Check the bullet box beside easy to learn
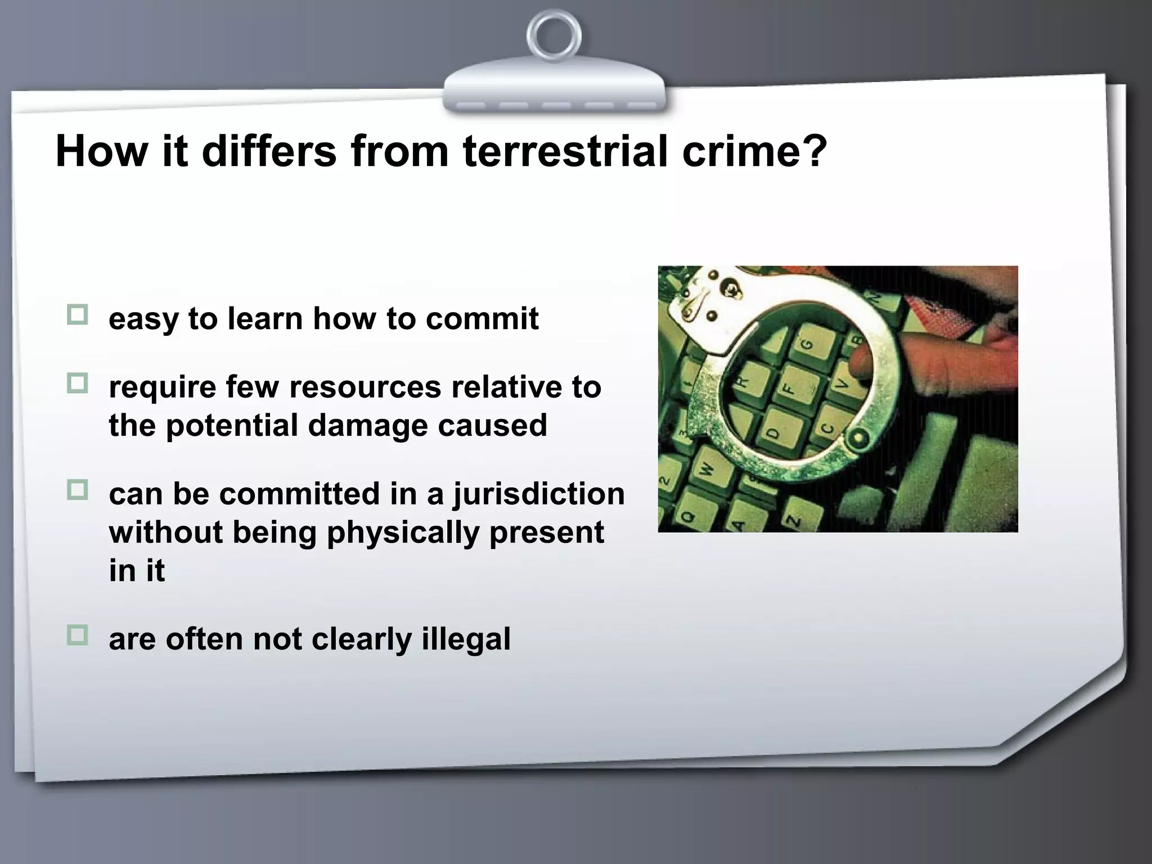(78, 315)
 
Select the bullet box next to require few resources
(78, 384)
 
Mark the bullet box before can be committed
(78, 490)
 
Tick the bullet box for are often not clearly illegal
(78, 636)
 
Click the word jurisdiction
(539, 494)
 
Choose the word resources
(365, 387)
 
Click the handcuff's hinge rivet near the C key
(858, 438)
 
